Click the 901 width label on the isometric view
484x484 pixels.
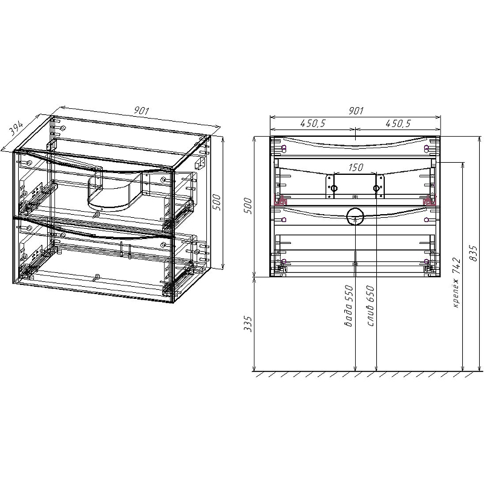142,111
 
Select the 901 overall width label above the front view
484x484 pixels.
356,111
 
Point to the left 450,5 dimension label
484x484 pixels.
313,123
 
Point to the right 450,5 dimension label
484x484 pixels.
397,123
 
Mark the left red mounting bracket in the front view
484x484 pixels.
281,201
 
